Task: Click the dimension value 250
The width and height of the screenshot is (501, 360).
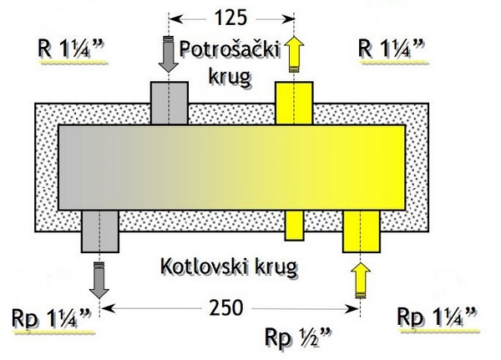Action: click(228, 309)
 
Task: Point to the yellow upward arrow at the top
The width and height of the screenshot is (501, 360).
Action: click(294, 55)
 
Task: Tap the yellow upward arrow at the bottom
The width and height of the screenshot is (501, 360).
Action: click(360, 280)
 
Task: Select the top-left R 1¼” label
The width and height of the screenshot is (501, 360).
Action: click(71, 47)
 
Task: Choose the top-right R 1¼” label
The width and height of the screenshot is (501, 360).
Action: click(391, 47)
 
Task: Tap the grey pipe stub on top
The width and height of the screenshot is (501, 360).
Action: click(170, 103)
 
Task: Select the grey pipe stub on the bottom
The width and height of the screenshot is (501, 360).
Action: click(99, 231)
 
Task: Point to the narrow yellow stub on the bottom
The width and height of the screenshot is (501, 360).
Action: click(296, 225)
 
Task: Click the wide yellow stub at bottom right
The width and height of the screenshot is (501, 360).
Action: click(362, 231)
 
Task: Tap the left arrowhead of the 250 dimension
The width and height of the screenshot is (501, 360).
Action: click(107, 309)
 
